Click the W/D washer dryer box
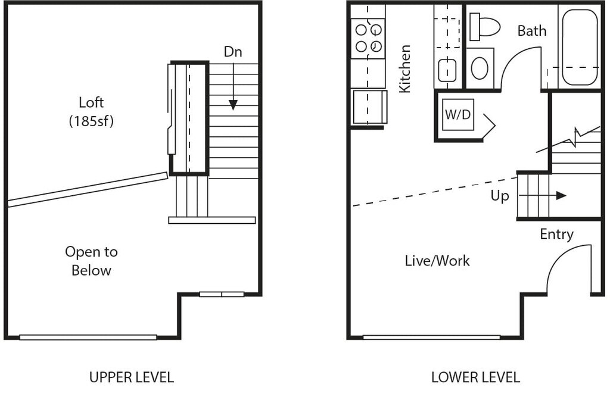tap(458, 115)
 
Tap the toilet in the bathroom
tap(484, 27)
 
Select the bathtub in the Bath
tap(579, 48)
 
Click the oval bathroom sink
tap(480, 68)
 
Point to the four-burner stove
tap(368, 38)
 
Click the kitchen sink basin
tap(447, 70)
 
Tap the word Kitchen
tap(405, 69)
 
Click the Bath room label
tap(532, 31)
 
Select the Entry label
tap(557, 235)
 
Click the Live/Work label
tap(437, 261)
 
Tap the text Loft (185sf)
tap(91, 112)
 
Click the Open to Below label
tap(91, 261)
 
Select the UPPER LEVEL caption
tap(132, 377)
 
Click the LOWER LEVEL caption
tap(475, 377)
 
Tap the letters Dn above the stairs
tap(233, 52)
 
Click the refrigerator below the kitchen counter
tap(369, 107)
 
